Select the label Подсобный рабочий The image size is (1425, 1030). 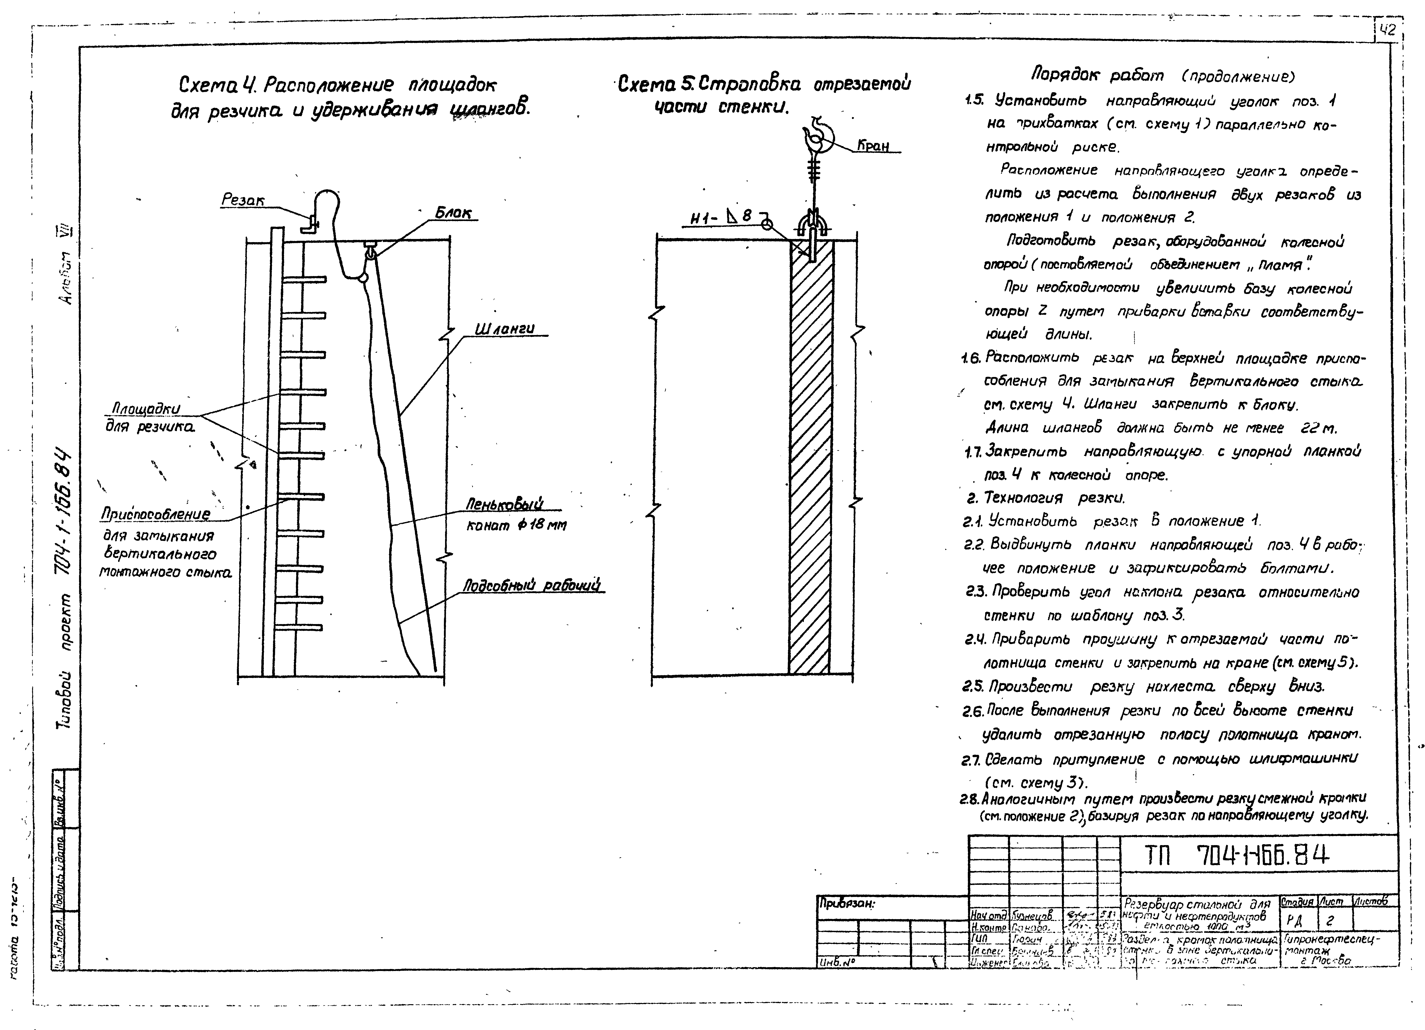(532, 585)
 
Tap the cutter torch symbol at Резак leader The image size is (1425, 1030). (310, 223)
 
